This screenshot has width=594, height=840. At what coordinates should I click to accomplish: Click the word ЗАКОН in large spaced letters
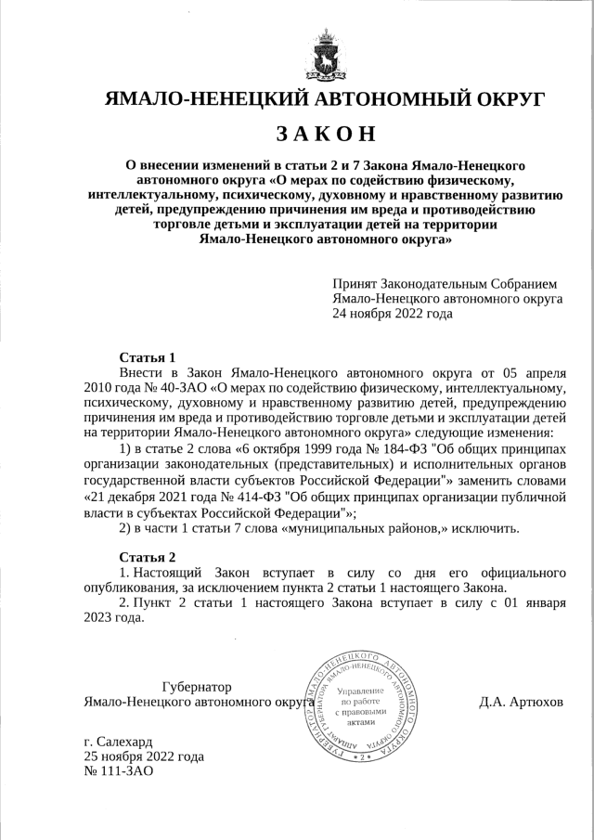325,133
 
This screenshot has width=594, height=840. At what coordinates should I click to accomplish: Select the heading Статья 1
148,357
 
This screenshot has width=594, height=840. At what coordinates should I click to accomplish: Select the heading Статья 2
148,557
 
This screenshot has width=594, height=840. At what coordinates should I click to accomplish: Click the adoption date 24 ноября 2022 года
393,314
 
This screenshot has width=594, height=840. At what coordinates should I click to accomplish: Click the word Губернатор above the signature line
197,687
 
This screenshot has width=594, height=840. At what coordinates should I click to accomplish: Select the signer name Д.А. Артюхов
521,702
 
